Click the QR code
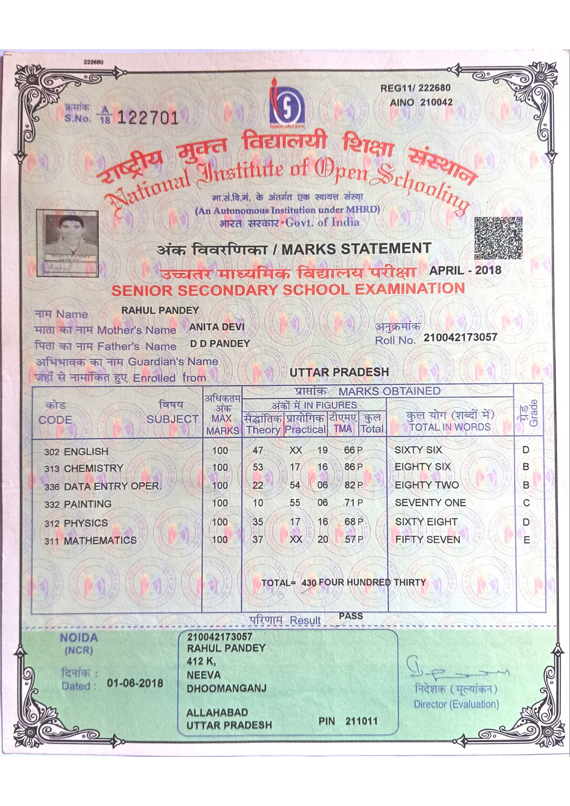tap(498, 238)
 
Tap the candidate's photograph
tap(68, 244)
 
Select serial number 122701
tap(147, 118)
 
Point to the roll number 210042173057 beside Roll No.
tap(460, 337)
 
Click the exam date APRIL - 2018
tap(465, 270)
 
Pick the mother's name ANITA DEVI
tap(217, 327)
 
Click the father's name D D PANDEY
tap(220, 344)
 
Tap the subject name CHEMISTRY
tap(94, 468)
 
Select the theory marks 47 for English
tap(258, 450)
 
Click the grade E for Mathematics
tap(527, 540)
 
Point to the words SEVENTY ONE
tap(430, 503)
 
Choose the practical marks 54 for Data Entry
tap(295, 485)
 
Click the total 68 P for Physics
tap(353, 522)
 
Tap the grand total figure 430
tap(309, 583)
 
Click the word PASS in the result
tap(350, 616)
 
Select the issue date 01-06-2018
tap(135, 683)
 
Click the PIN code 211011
tap(361, 721)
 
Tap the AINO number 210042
tap(436, 102)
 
